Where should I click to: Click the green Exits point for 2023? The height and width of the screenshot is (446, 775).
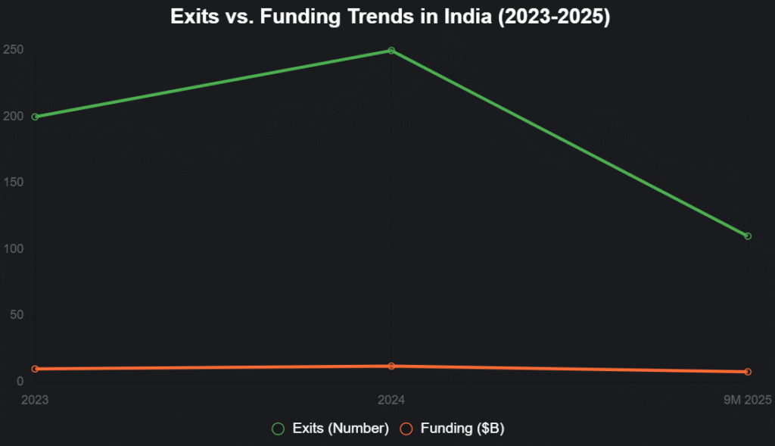35,117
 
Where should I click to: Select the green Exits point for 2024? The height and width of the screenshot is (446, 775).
391,51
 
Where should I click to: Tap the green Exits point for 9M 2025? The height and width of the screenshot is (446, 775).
748,236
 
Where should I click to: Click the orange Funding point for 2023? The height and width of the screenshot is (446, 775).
35,369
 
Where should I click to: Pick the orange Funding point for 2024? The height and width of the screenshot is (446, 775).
391,366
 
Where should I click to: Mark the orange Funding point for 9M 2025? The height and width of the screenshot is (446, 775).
748,372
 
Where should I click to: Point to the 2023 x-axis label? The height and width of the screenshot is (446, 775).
35,398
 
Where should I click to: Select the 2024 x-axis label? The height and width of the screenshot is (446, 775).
391,398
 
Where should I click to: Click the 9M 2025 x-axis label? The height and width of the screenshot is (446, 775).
746,398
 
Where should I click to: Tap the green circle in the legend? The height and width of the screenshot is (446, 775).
279,429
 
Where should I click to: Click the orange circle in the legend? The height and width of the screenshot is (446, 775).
406,429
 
